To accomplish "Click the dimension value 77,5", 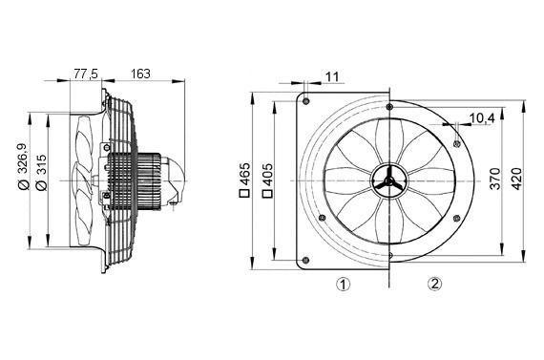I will tap(87, 73).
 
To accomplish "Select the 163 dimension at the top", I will tap(139, 73).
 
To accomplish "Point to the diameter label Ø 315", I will tap(41, 180).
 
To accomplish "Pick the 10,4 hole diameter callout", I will tap(483, 119).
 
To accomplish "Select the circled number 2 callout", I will tap(434, 284).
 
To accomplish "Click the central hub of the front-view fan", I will tap(389, 180).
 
